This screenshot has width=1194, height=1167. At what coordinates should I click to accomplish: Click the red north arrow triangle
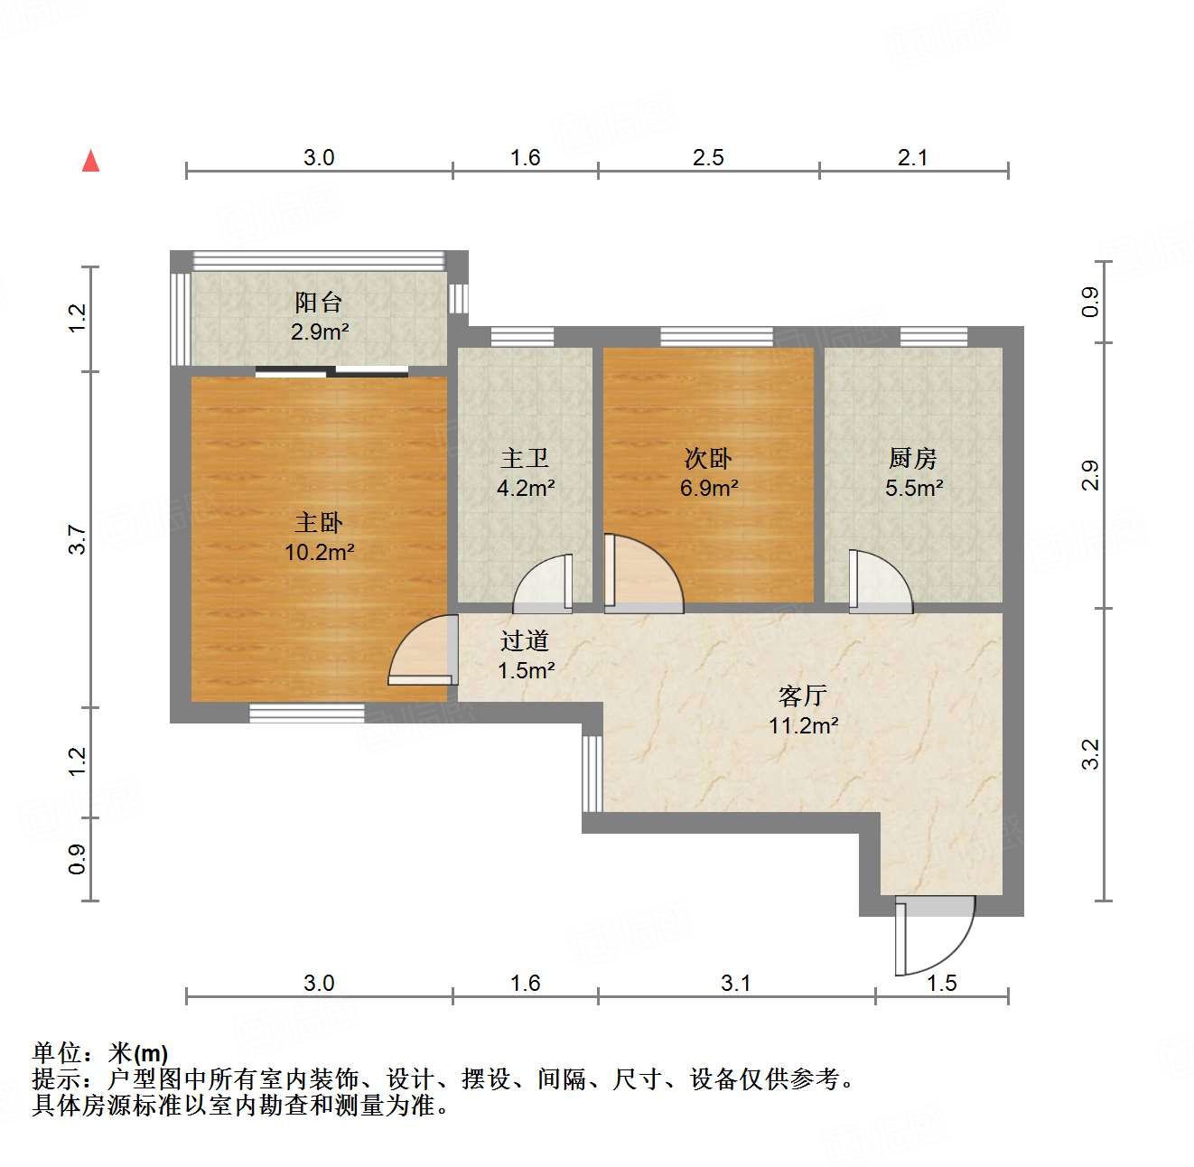(90, 162)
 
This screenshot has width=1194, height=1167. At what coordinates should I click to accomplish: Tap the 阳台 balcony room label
(319, 302)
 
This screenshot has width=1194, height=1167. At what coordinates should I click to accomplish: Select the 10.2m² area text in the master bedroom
(319, 551)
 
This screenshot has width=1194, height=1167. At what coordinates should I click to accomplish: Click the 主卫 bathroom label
(525, 459)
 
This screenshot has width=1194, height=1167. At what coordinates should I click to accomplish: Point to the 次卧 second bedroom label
(708, 459)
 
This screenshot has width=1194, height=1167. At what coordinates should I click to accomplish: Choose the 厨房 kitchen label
(912, 459)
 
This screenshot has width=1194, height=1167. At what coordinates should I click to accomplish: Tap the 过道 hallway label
(525, 640)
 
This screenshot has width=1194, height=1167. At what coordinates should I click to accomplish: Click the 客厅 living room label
(802, 696)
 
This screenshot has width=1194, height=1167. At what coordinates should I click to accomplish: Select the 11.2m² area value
(803, 725)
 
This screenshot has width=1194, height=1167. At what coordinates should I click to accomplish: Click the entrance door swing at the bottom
(935, 935)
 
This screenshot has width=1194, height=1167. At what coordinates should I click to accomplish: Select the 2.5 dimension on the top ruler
(708, 158)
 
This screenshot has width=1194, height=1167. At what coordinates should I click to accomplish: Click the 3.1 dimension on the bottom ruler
(735, 983)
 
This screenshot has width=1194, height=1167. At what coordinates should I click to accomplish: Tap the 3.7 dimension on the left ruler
(78, 539)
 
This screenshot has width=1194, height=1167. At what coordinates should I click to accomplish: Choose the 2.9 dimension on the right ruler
(1090, 475)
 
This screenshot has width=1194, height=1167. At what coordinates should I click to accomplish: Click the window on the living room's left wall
(592, 773)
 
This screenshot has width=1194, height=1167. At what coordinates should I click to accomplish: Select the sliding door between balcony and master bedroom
(331, 370)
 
